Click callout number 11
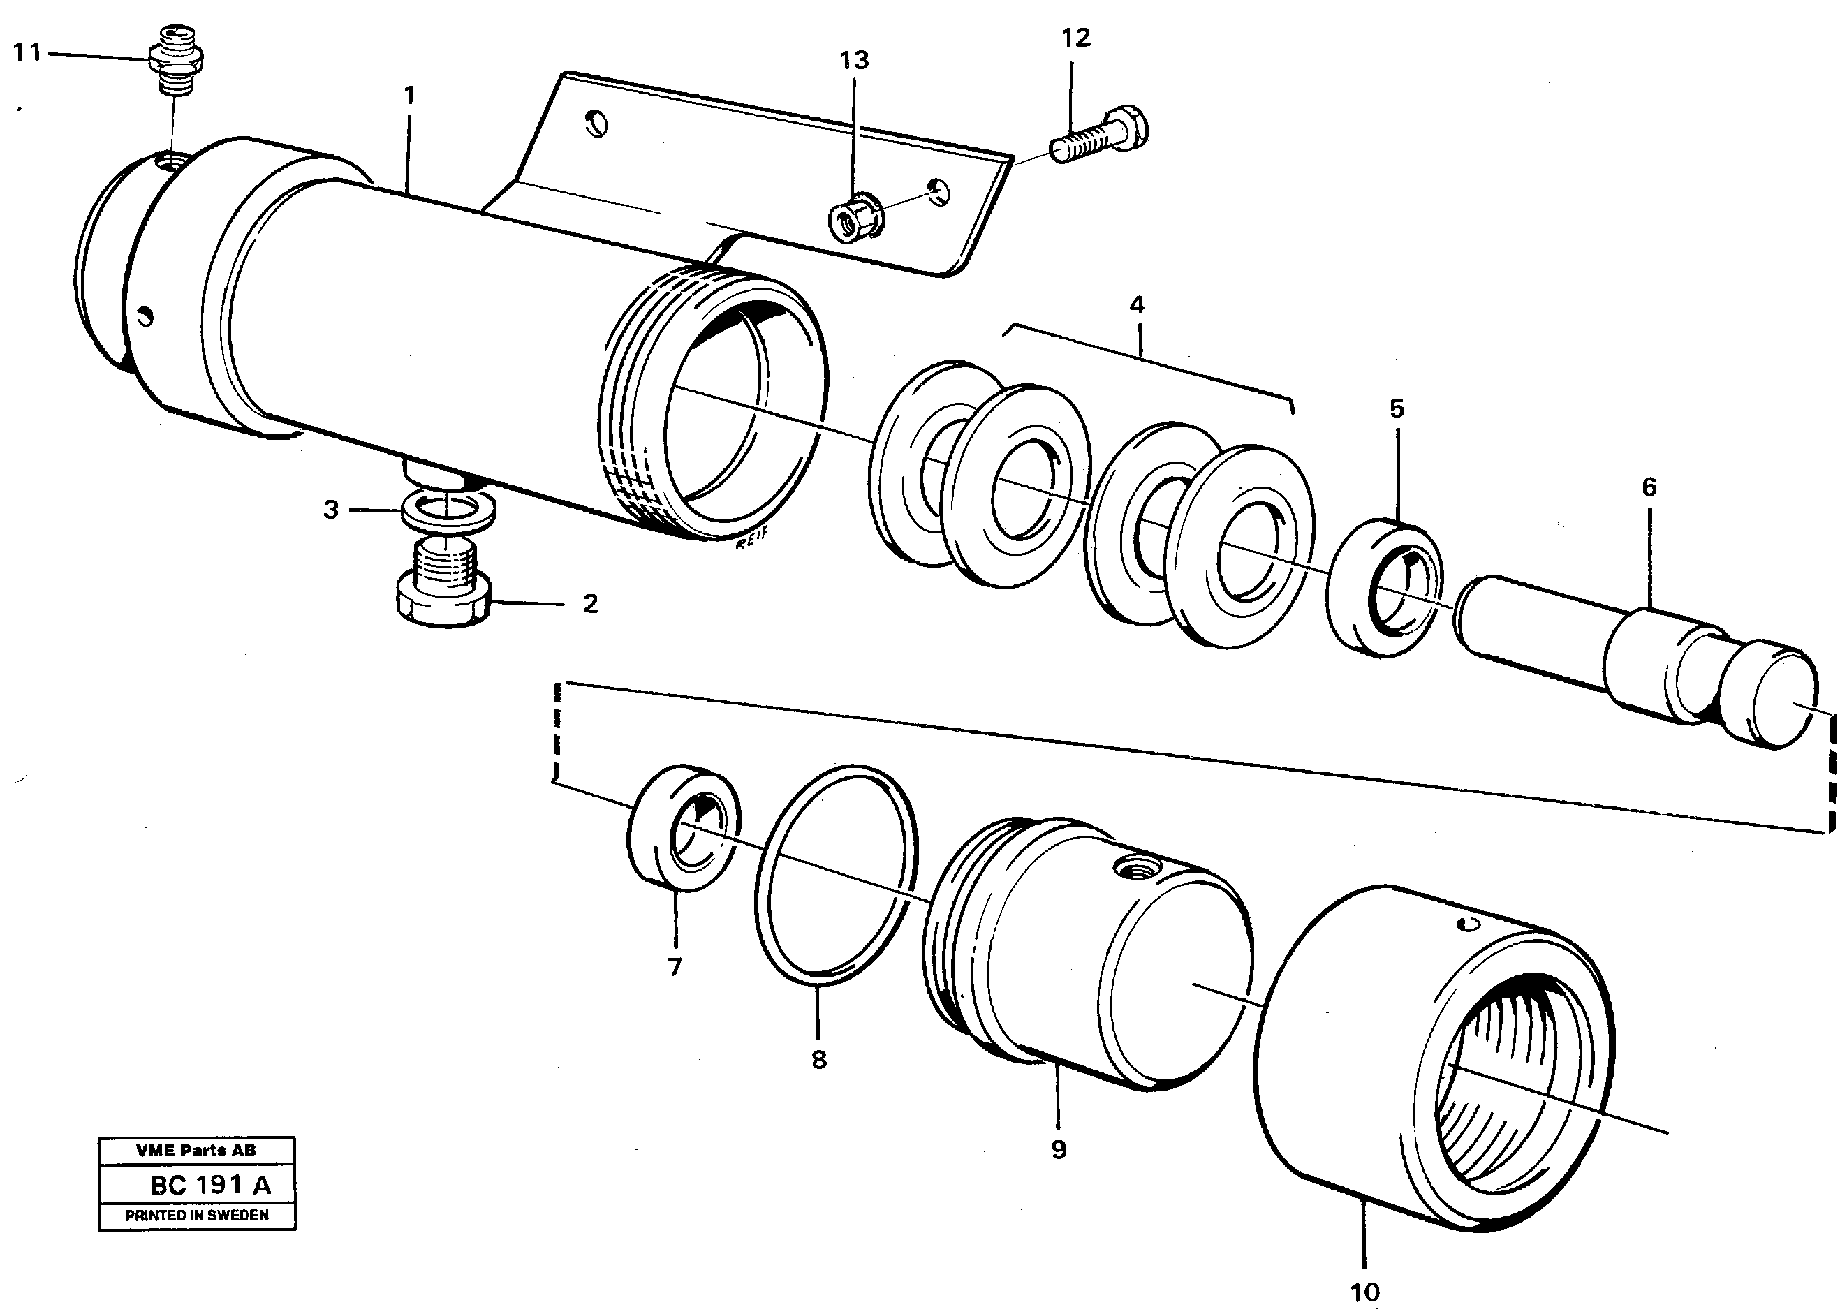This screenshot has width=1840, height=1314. point(27,53)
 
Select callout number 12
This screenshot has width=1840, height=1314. point(1075,38)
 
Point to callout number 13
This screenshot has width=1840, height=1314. point(853,61)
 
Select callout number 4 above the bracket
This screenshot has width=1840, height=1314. point(1137,306)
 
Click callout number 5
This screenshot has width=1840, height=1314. point(1397,409)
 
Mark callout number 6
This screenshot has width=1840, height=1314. point(1648,487)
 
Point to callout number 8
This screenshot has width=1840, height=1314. point(819,1059)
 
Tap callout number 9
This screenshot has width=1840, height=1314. point(1059,1150)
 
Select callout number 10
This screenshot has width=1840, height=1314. point(1364,1292)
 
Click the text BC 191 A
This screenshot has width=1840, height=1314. point(210,1186)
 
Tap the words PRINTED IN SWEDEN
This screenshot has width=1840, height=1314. point(197,1216)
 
